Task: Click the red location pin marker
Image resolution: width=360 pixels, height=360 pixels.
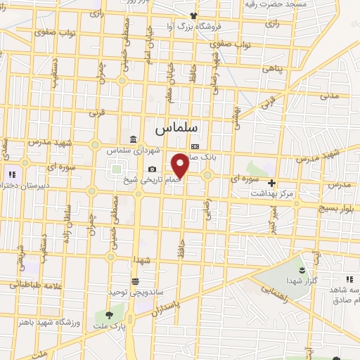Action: pos(180,165)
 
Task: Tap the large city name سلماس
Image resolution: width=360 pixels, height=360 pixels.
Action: pos(169,129)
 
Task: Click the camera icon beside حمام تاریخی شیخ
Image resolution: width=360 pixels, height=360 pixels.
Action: pos(153,169)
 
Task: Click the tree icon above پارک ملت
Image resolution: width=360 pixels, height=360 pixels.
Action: pos(108,316)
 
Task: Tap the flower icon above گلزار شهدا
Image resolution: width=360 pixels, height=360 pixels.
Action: pos(303,270)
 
